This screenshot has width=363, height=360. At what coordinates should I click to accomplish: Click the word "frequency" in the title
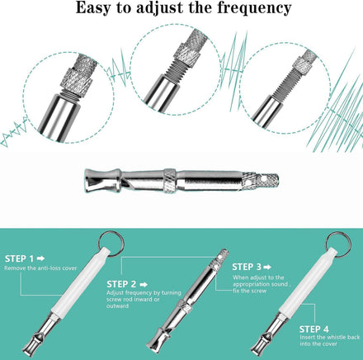254,8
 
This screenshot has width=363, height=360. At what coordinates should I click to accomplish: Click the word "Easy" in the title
93,8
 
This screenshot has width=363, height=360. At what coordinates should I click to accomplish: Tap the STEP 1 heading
19,258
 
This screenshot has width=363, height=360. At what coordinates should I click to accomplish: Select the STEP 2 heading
121,284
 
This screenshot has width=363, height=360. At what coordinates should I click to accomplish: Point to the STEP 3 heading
247,267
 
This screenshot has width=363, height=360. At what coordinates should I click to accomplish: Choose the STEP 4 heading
314,329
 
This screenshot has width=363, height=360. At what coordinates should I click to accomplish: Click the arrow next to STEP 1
40,258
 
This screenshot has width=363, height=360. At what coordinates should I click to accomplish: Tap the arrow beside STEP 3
267,267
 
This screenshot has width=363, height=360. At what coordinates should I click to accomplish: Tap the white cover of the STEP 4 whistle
309,282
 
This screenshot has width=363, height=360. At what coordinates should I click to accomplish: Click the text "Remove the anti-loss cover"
40,268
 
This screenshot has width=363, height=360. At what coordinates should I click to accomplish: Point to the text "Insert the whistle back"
330,337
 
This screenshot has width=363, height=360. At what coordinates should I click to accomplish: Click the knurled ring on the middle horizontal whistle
170,180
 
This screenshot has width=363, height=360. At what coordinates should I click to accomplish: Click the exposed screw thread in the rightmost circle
286,83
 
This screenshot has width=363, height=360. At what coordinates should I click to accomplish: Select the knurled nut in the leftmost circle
77,80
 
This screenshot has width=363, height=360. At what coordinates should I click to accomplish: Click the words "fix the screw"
250,291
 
